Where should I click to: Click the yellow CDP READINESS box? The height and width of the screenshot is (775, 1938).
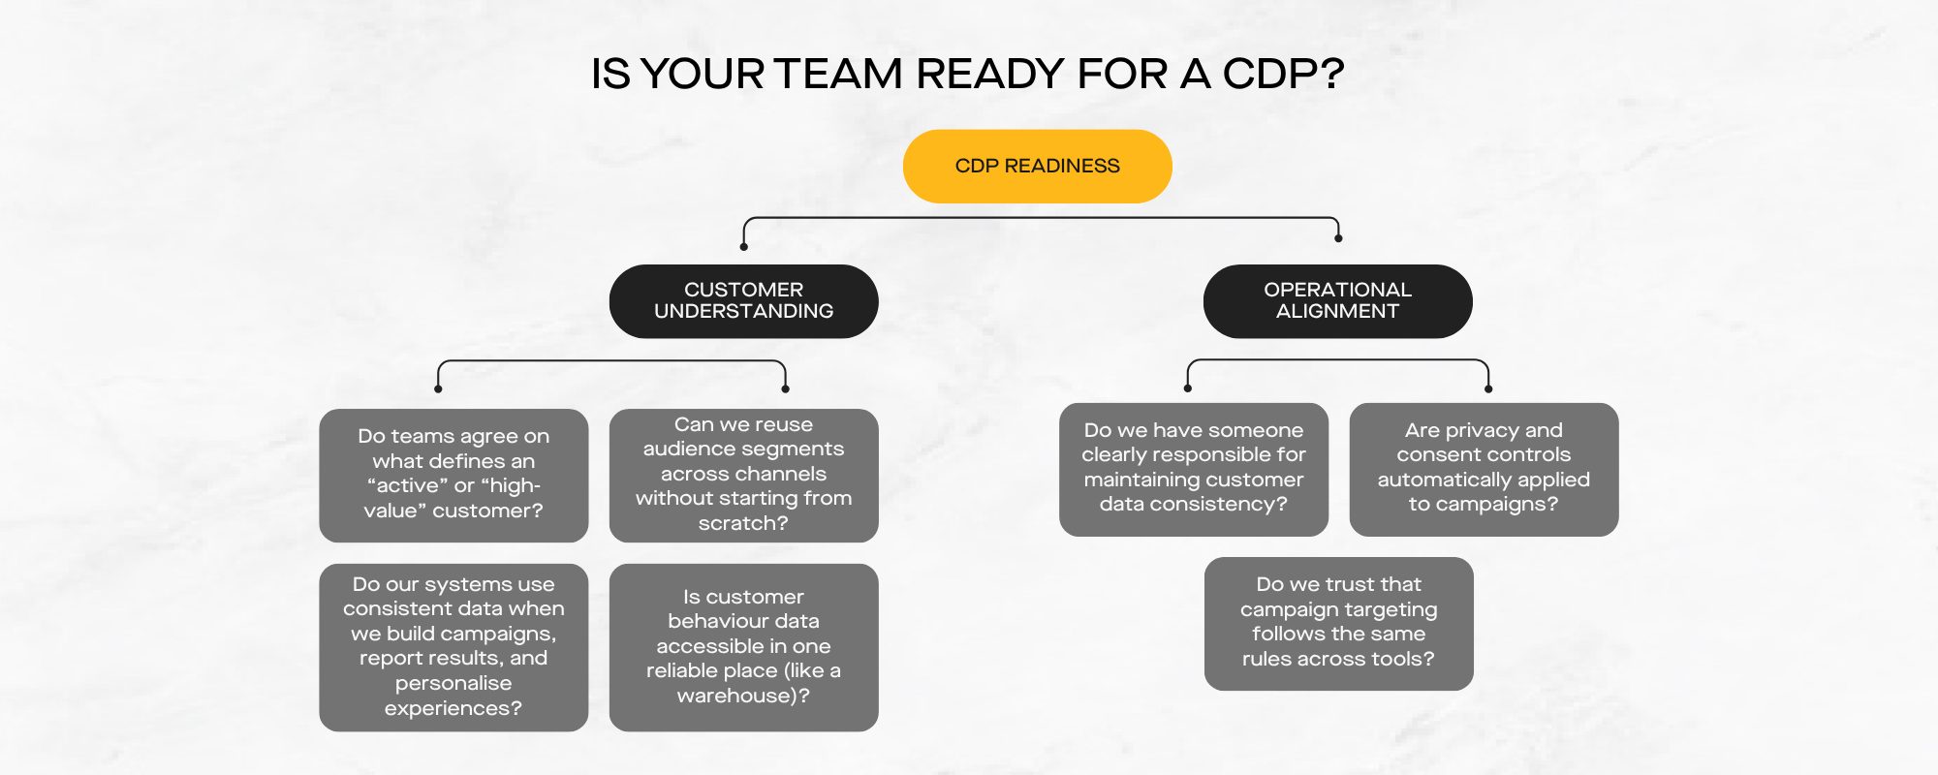tap(1037, 166)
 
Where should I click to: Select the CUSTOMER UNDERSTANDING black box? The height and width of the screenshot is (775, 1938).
tap(743, 301)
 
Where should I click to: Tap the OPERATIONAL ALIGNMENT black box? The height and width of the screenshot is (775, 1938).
tap(1337, 301)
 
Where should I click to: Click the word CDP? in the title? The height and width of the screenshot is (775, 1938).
tap(1283, 74)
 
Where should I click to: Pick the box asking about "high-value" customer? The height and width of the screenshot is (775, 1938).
tap(453, 475)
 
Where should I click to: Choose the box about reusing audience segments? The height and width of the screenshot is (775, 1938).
tap(743, 475)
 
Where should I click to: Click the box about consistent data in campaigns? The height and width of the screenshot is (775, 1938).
tap(453, 647)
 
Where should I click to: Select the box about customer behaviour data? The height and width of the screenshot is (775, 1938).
tap(743, 647)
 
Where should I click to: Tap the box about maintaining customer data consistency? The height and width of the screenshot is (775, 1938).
tap(1194, 469)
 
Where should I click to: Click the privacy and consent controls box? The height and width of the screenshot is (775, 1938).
tap(1484, 469)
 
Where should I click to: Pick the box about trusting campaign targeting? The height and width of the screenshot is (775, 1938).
tap(1338, 623)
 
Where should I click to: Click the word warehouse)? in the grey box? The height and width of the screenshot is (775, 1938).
tap(743, 696)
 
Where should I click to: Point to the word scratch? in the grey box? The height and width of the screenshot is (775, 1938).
tap(743, 523)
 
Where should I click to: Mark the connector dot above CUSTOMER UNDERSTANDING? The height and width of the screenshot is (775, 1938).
tap(743, 247)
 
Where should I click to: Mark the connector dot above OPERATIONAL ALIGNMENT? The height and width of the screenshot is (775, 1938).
tap(1338, 238)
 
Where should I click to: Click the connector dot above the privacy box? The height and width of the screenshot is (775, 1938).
tap(1488, 389)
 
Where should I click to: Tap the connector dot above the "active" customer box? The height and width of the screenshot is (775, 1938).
tap(438, 389)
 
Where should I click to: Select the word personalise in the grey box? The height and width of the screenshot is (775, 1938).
tap(453, 683)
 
